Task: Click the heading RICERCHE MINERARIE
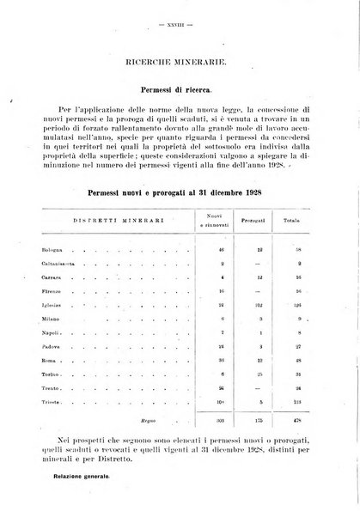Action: click(x=180, y=63)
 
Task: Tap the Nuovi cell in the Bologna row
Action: click(x=222, y=248)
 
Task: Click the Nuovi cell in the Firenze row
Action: click(x=222, y=295)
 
